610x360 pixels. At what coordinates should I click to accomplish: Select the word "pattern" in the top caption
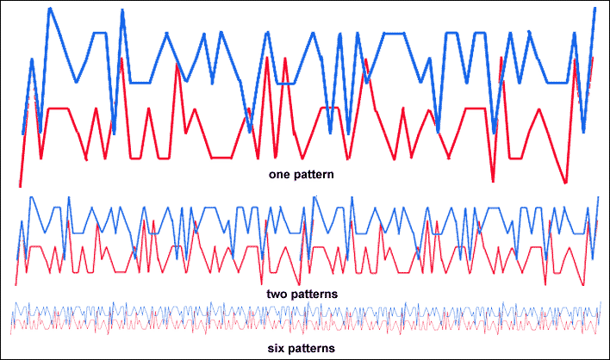[x=312, y=175]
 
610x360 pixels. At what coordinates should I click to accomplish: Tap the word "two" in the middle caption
[x=277, y=294]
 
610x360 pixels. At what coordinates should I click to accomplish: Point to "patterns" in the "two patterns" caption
[x=314, y=295]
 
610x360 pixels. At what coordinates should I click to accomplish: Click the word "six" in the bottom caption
[x=275, y=348]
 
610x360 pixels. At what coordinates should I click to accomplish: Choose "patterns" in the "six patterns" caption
[x=310, y=348]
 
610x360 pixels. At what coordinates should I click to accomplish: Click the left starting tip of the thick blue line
[x=22, y=134]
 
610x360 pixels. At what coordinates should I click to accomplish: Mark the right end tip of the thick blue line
[x=595, y=8]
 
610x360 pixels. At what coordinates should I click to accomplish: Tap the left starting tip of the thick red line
[x=20, y=186]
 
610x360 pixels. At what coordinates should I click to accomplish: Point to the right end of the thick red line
[x=593, y=58]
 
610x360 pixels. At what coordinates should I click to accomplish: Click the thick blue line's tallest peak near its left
[x=50, y=8]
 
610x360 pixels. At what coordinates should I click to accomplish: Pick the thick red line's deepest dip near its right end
[x=566, y=183]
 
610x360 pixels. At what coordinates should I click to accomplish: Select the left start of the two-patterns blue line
[x=16, y=260]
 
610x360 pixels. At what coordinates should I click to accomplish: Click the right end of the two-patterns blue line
[x=598, y=197]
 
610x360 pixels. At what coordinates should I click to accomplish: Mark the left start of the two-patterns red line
[x=16, y=285]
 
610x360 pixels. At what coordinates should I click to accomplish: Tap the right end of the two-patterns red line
[x=597, y=221]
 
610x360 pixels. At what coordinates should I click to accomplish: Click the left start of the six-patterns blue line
[x=12, y=322]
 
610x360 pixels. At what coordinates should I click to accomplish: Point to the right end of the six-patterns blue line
[x=601, y=302]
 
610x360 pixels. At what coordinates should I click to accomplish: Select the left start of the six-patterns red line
[x=10, y=334]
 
